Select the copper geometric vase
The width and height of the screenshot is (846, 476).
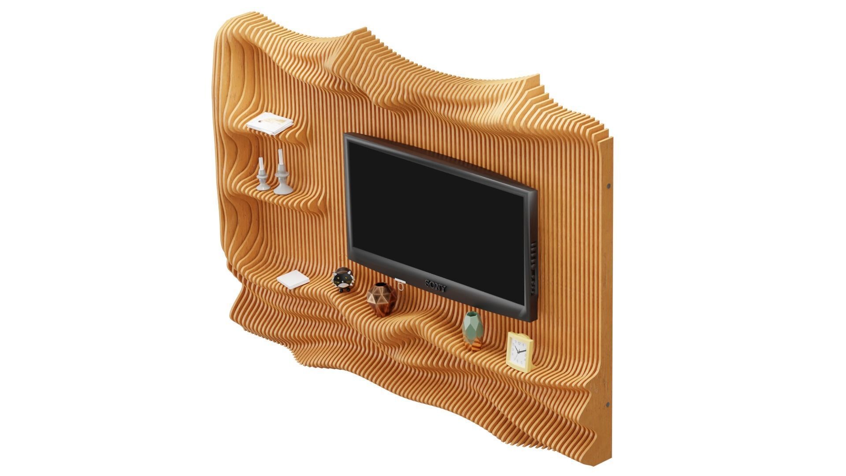(382, 300)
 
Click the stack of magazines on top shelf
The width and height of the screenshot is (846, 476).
(270, 123)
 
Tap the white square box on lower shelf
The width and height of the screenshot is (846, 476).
(293, 279)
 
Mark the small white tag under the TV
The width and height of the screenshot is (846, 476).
(400, 281)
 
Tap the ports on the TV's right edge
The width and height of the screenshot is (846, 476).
(534, 269)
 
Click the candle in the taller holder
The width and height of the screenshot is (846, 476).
(280, 156)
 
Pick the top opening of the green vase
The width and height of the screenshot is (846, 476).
(471, 314)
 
